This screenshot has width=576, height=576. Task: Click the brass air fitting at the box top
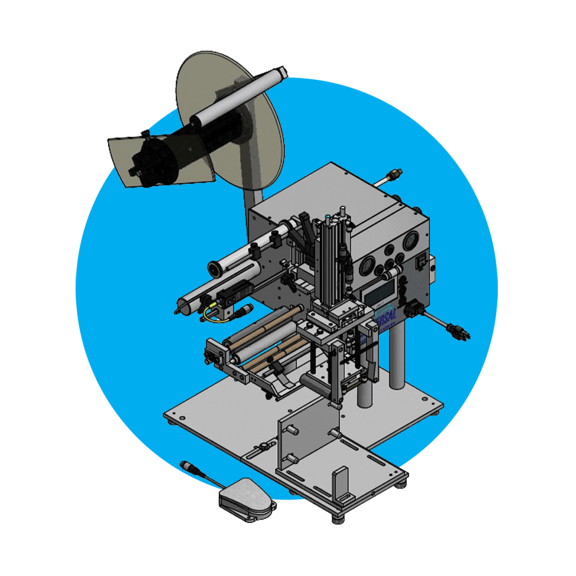(396, 173)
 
